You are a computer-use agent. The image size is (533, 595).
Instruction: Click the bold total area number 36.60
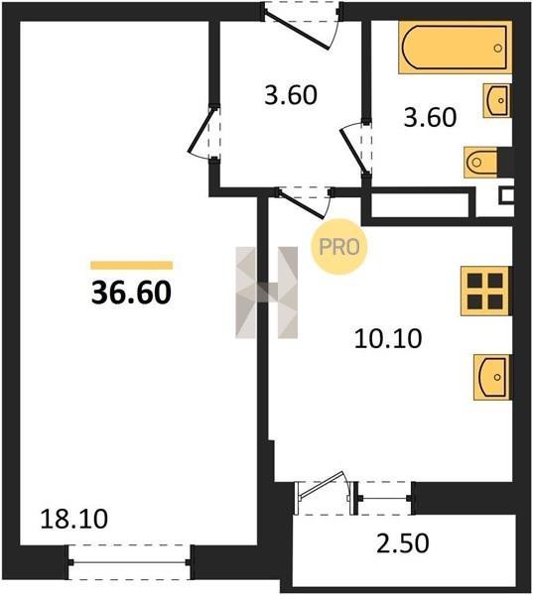click(131, 293)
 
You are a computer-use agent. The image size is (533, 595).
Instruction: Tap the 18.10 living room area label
click(74, 519)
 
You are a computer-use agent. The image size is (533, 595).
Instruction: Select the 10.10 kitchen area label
click(388, 338)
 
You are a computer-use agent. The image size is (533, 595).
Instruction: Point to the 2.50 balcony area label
click(403, 543)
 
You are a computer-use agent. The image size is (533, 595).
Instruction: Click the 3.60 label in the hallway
click(291, 95)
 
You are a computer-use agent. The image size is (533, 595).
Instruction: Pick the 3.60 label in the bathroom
click(430, 117)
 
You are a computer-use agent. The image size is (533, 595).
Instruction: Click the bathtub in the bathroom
click(455, 47)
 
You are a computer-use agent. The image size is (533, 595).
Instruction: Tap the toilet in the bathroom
click(481, 162)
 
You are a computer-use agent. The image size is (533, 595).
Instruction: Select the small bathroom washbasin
click(497, 100)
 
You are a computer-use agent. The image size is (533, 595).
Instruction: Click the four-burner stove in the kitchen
click(485, 291)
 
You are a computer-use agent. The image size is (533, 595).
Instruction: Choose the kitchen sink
click(491, 377)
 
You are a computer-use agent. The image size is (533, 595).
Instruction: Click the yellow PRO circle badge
click(338, 247)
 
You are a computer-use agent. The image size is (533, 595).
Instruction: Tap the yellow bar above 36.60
click(131, 265)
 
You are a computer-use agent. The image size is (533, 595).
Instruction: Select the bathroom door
click(355, 148)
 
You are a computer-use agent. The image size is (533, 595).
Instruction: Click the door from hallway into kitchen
click(304, 202)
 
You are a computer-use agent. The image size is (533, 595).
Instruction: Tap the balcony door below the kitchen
click(326, 492)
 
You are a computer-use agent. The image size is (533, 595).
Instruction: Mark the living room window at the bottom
click(129, 562)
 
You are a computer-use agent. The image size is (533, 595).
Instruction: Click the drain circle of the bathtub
click(497, 49)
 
